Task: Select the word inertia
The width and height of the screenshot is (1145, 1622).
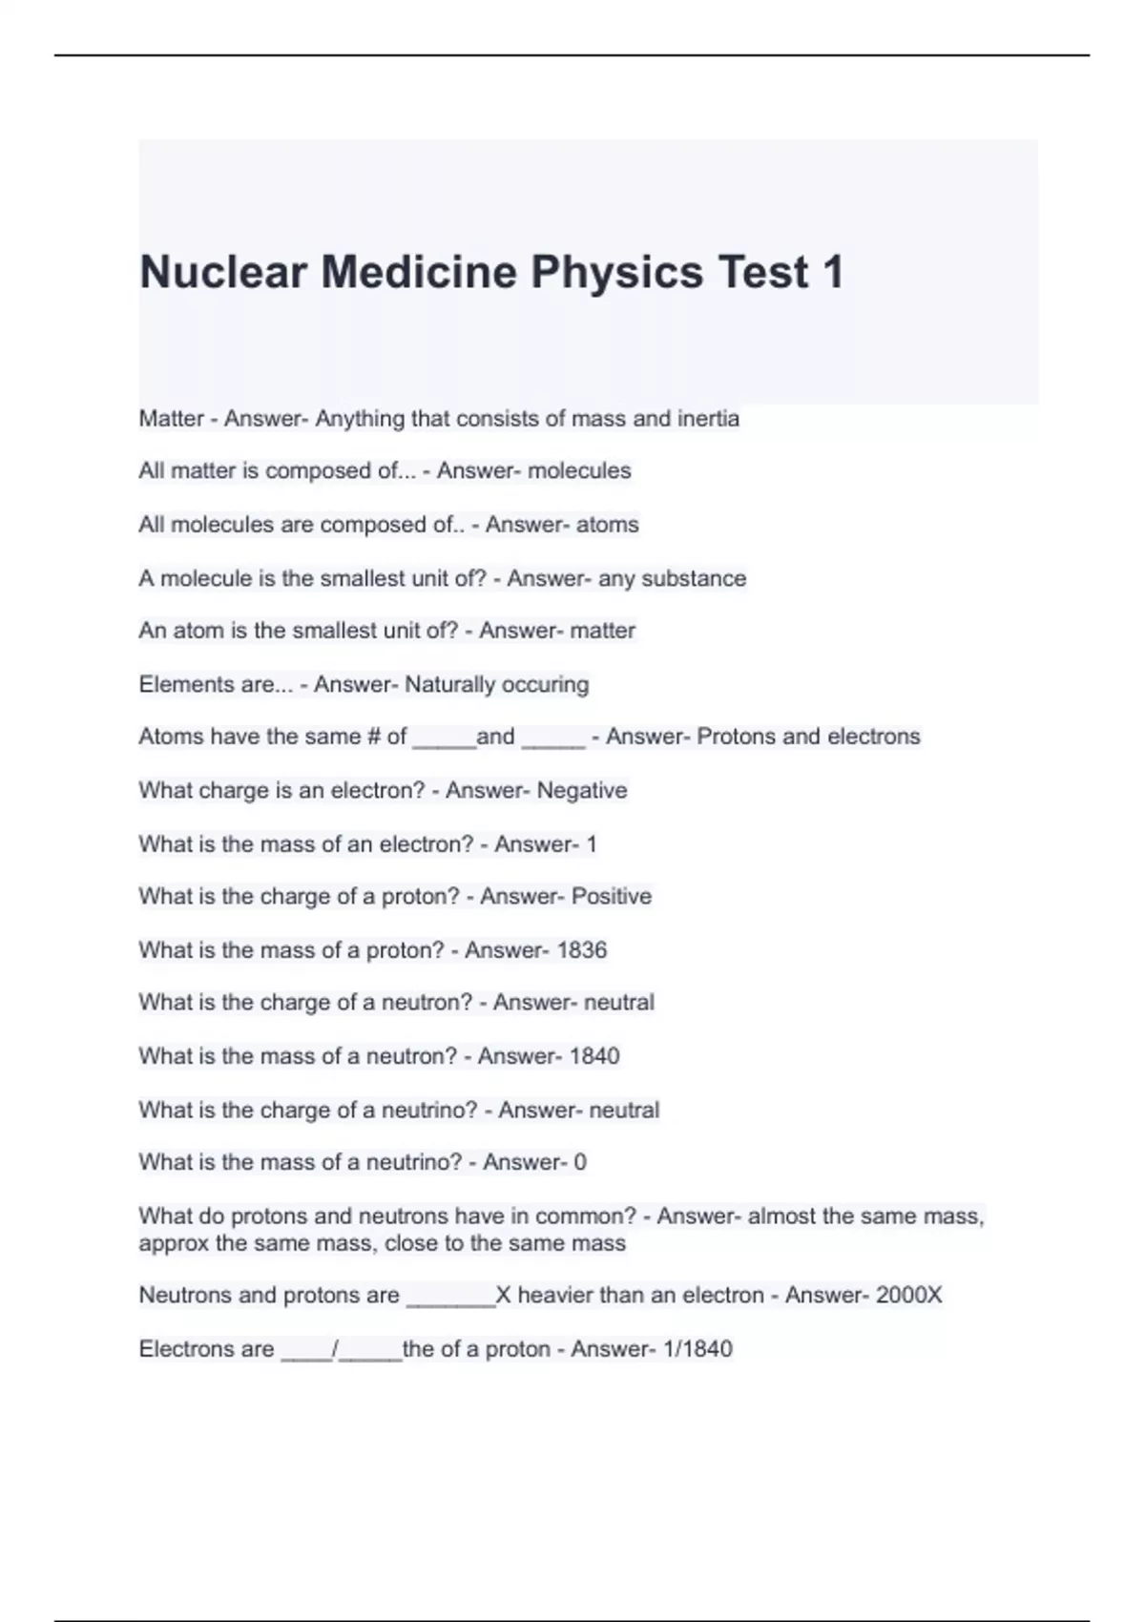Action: (x=708, y=418)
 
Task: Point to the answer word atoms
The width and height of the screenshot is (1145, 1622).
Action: (x=607, y=524)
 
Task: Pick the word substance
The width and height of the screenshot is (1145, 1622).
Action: (x=694, y=578)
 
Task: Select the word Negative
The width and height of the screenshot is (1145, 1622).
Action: (x=582, y=790)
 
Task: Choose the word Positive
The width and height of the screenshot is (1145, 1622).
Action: (x=611, y=896)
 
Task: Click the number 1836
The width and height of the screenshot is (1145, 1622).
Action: (x=581, y=949)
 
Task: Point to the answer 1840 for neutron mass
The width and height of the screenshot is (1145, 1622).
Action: (x=593, y=1055)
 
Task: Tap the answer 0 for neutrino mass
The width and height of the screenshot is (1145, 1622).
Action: (x=580, y=1162)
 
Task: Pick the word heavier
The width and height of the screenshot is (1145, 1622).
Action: (x=560, y=1295)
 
